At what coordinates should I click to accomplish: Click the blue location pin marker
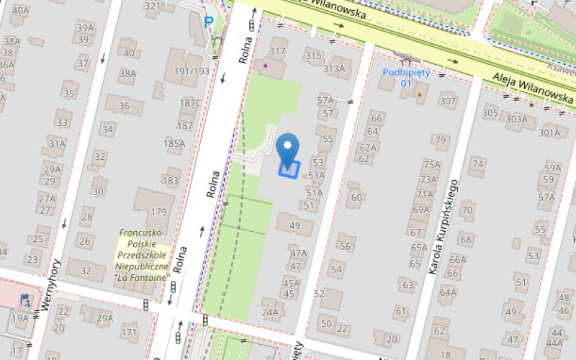(x=288, y=148)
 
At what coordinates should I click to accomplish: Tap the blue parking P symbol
(x=209, y=22)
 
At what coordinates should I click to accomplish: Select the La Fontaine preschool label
(x=144, y=255)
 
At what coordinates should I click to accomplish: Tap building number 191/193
(x=192, y=71)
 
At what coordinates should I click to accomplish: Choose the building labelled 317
(x=277, y=51)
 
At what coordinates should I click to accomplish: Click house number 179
(x=158, y=212)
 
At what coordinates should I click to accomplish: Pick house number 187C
(x=190, y=102)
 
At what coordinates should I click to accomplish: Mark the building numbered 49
(x=294, y=226)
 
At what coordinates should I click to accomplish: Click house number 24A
(x=269, y=312)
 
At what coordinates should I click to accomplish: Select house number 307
(x=448, y=101)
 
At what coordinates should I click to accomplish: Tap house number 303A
(x=516, y=119)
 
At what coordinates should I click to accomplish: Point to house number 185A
(x=174, y=143)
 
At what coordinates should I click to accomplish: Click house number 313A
(x=334, y=68)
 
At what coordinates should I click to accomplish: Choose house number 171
(x=129, y=332)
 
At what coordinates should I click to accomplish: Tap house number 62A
(x=368, y=147)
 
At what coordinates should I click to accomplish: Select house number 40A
(x=21, y=11)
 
